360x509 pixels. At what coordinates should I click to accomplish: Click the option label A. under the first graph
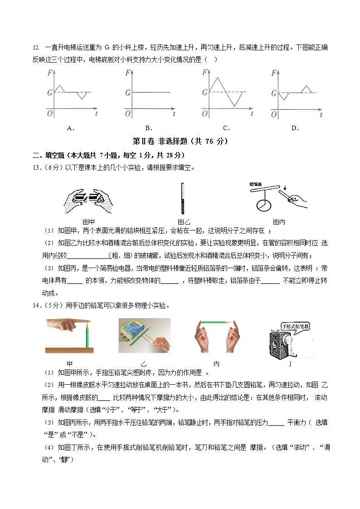[70, 128]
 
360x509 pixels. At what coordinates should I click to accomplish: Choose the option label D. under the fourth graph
[295, 128]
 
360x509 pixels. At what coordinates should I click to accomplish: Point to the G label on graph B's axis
[128, 93]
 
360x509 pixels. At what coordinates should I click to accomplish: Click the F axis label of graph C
[205, 72]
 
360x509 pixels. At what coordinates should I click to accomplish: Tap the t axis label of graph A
[97, 115]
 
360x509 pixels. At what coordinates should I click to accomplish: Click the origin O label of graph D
[273, 114]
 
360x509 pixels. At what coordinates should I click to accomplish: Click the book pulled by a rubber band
[139, 334]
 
